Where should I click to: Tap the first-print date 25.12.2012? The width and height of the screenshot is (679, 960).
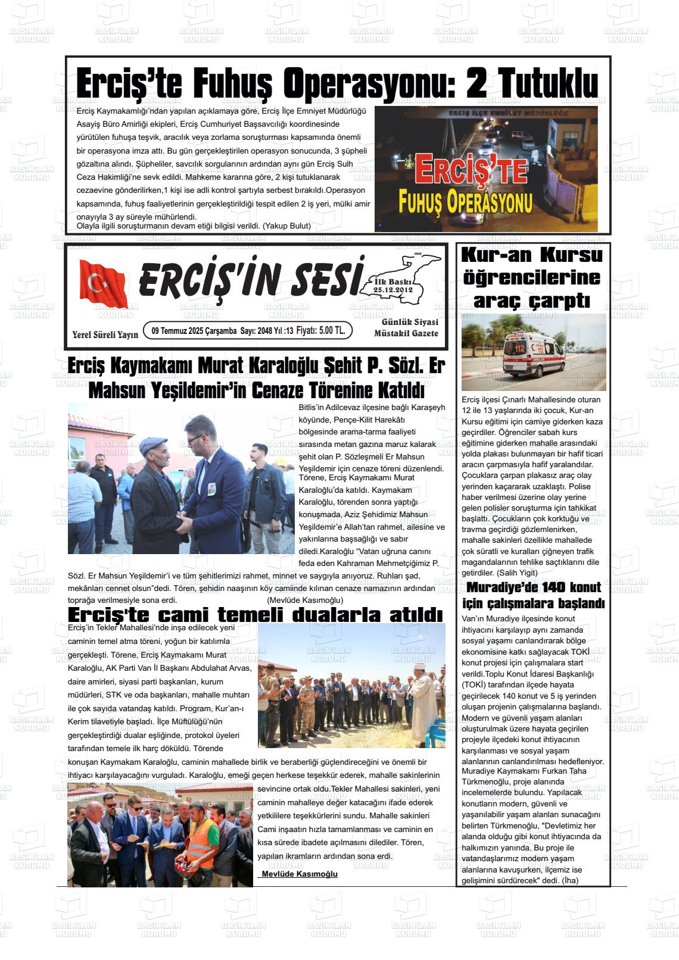pyautogui.click(x=393, y=290)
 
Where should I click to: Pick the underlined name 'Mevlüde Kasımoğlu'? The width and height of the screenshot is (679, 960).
pyautogui.click(x=300, y=874)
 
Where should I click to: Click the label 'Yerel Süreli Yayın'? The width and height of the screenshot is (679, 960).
pyautogui.click(x=105, y=334)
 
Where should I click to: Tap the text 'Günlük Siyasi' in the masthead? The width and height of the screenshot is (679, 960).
pyautogui.click(x=410, y=322)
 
